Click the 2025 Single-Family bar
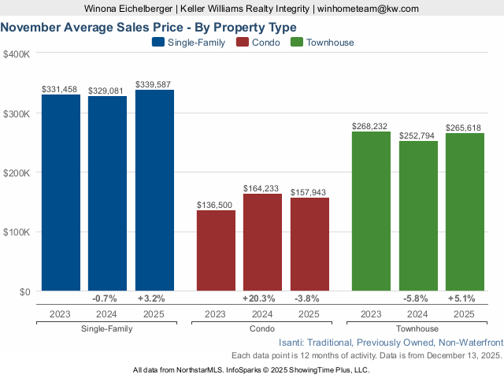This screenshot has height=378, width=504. click(154, 191)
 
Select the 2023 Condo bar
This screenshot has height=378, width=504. click(216, 250)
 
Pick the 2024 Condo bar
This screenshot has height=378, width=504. click(262, 243)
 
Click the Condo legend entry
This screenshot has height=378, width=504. click(259, 43)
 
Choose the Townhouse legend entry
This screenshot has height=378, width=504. click(322, 43)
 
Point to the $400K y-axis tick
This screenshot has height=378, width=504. click(17, 54)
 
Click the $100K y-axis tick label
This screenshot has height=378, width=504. click(17, 232)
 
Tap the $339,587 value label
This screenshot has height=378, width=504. click(154, 84)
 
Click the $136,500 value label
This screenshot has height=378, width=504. click(216, 205)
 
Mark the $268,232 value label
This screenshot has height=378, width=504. click(371, 126)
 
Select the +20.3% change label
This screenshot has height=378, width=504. click(262, 298)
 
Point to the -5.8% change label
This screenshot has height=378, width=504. click(418, 298)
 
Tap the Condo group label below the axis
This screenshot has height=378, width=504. click(262, 328)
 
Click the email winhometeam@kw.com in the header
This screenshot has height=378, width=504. click(368, 9)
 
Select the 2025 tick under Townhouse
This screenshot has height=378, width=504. click(465, 313)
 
